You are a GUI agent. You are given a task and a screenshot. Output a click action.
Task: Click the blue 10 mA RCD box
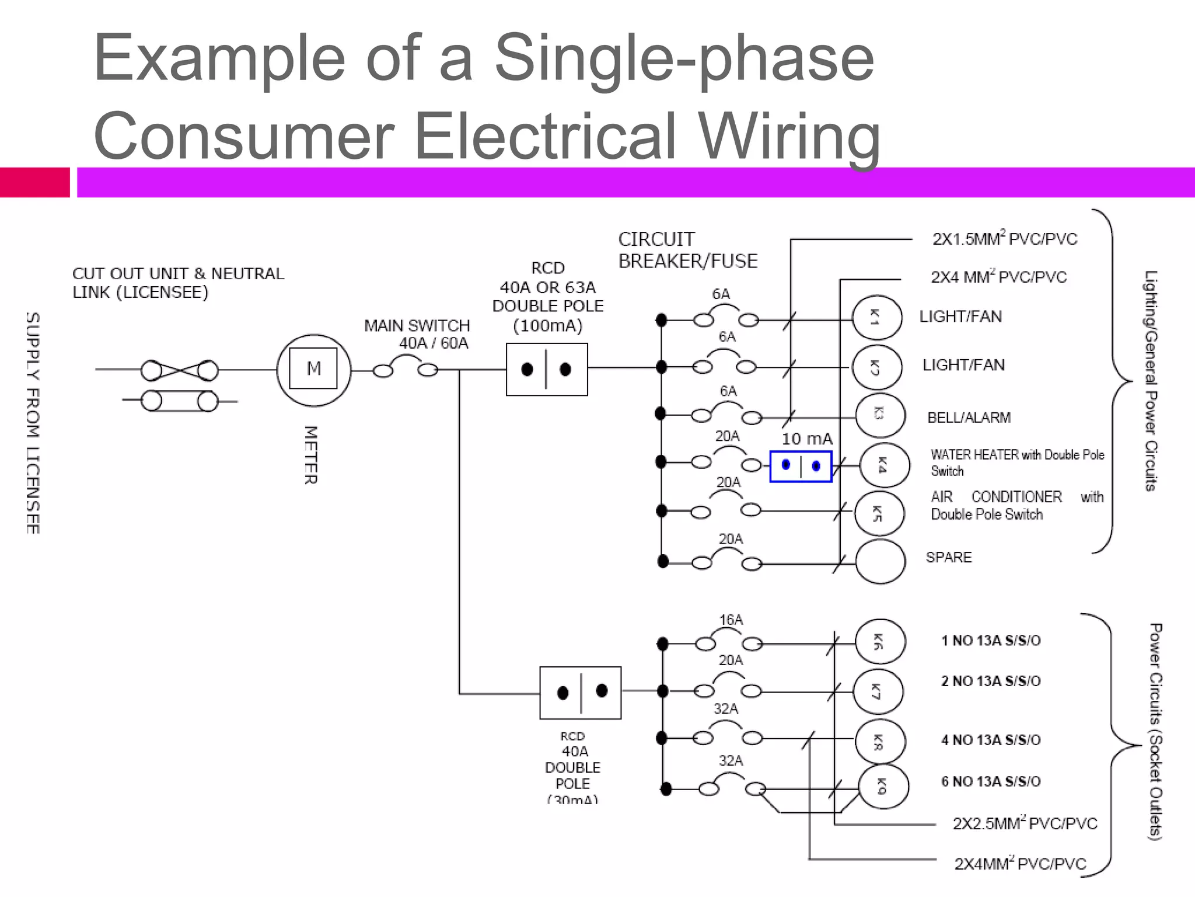tap(801, 466)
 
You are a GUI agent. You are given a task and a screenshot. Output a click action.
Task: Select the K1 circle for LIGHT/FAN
tap(876, 318)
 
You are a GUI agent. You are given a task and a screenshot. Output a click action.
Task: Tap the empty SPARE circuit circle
tap(880, 561)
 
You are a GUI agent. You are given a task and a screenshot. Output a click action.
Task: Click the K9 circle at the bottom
tap(883, 787)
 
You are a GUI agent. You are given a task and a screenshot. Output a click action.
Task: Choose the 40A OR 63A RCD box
tap(547, 370)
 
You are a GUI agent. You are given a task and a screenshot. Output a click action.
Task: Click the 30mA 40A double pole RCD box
tap(581, 693)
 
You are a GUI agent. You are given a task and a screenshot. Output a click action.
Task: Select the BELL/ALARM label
tap(969, 418)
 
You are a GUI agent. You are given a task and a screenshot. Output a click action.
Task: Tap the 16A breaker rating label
tap(731, 620)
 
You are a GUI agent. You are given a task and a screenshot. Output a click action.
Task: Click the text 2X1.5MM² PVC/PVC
tap(1004, 239)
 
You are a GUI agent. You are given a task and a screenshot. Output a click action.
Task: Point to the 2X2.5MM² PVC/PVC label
tap(1025, 823)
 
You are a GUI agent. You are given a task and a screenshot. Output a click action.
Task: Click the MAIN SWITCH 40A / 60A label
tap(418, 334)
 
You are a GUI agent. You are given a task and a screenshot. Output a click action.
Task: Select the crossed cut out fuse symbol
tap(179, 370)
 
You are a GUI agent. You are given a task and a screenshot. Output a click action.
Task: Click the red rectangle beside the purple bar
tap(34, 182)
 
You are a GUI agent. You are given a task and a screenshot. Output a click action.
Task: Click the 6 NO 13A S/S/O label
tap(991, 781)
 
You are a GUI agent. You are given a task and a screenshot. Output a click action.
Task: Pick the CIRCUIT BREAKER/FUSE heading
tap(687, 250)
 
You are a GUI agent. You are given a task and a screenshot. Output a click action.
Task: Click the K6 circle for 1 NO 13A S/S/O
tap(880, 642)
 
